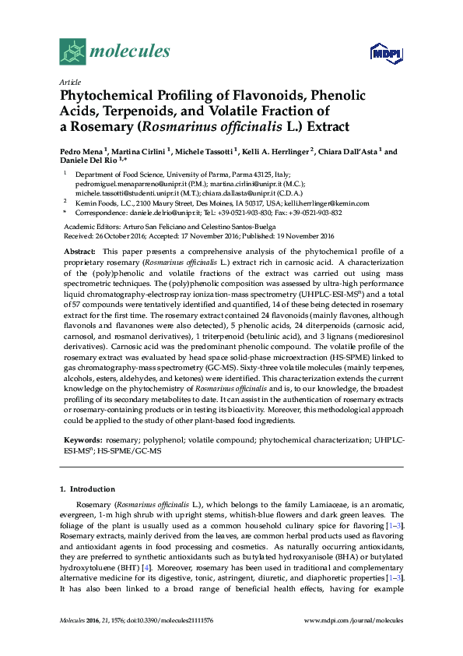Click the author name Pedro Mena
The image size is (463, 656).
pos(81,152)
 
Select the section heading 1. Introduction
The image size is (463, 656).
pos(86,488)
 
